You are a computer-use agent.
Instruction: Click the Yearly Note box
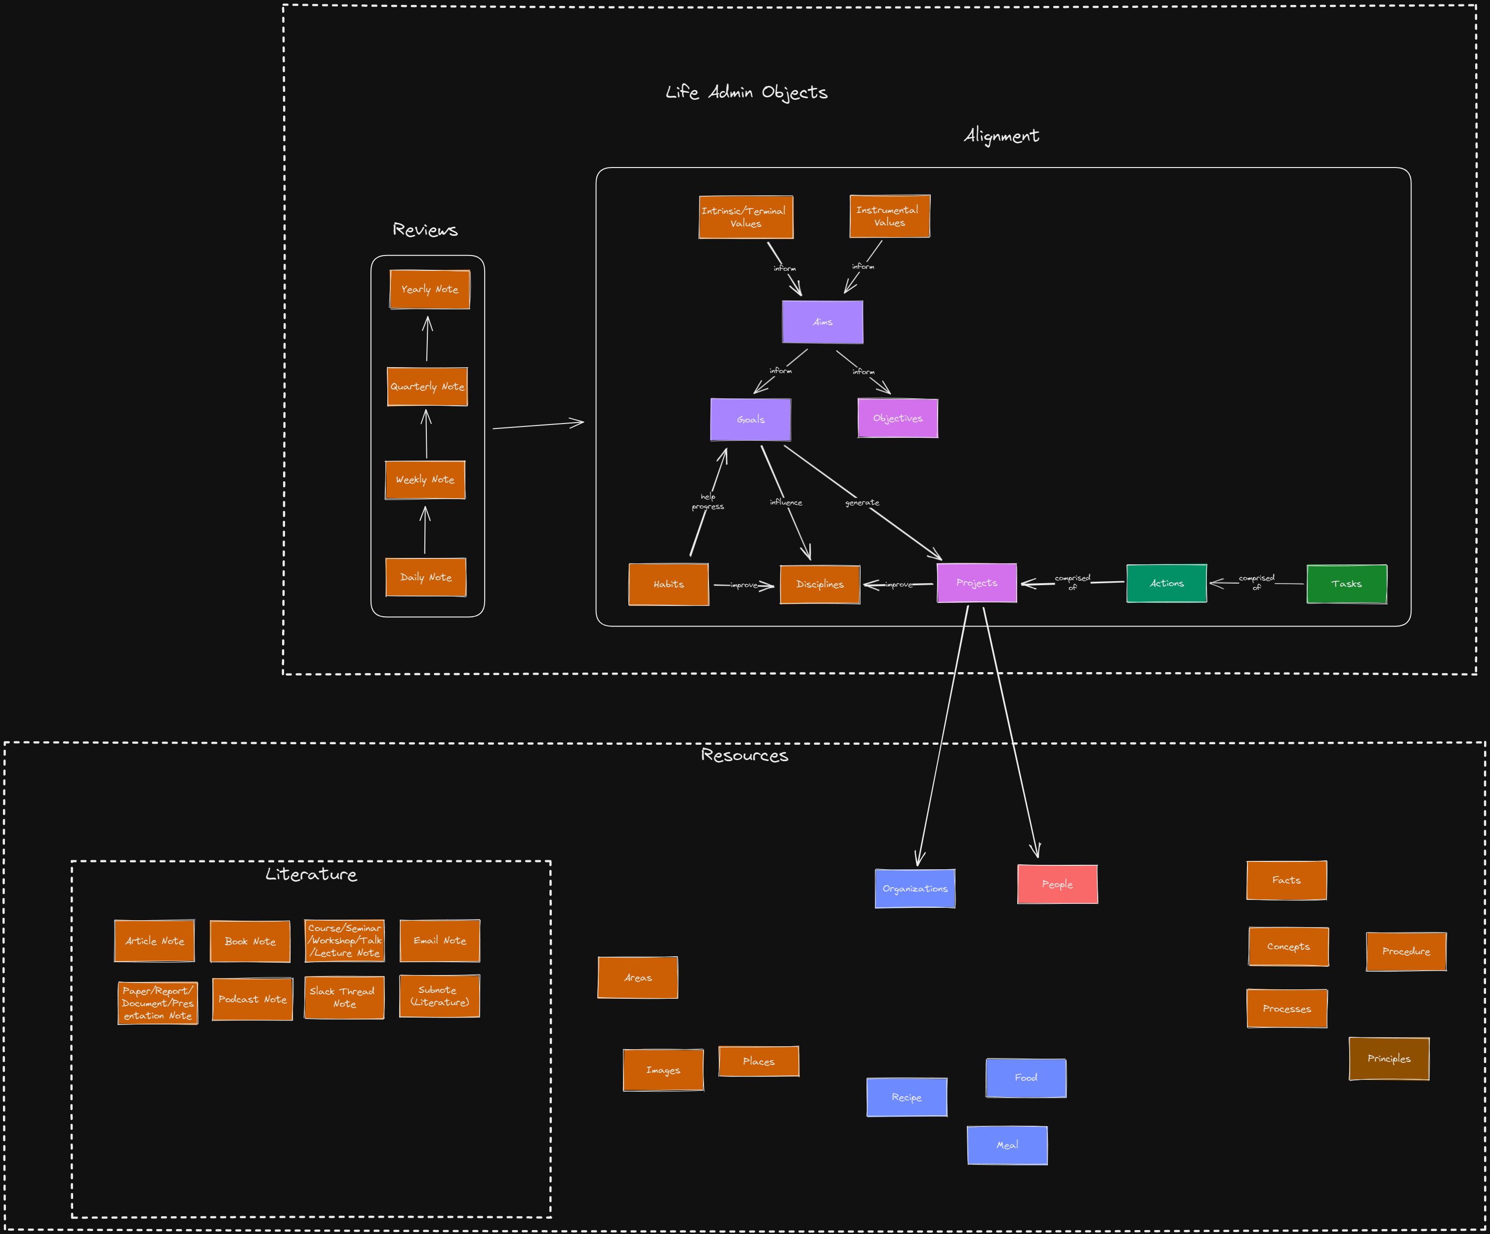(429, 290)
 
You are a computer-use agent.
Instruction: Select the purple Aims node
(823, 322)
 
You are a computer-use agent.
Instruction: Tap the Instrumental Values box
(889, 216)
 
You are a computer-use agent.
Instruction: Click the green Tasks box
(1346, 584)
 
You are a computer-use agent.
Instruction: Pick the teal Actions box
(1166, 583)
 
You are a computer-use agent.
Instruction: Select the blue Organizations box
(914, 889)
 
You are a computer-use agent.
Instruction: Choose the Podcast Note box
(252, 999)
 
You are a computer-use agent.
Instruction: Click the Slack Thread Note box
(344, 997)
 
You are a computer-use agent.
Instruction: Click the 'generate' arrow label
(862, 503)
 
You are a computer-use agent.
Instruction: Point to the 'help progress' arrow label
(707, 502)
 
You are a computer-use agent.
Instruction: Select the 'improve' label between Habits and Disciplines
(744, 586)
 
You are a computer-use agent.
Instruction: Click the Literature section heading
(311, 874)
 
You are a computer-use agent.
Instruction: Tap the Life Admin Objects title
(745, 92)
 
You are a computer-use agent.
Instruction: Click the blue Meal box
(1006, 1146)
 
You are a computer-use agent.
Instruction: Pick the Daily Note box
(426, 578)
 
